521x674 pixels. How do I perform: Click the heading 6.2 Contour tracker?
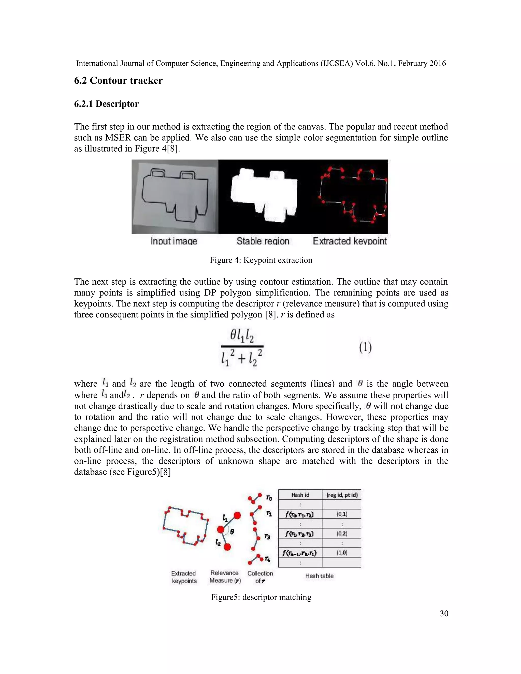point(118,81)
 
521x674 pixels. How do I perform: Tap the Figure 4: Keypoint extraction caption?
point(261,260)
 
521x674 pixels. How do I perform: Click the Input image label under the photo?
point(174,241)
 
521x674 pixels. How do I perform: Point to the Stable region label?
point(263,241)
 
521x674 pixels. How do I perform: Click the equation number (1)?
point(365,347)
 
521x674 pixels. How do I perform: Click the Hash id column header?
point(300,495)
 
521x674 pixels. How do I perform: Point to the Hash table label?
point(319,576)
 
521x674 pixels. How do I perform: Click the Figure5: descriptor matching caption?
point(261,597)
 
